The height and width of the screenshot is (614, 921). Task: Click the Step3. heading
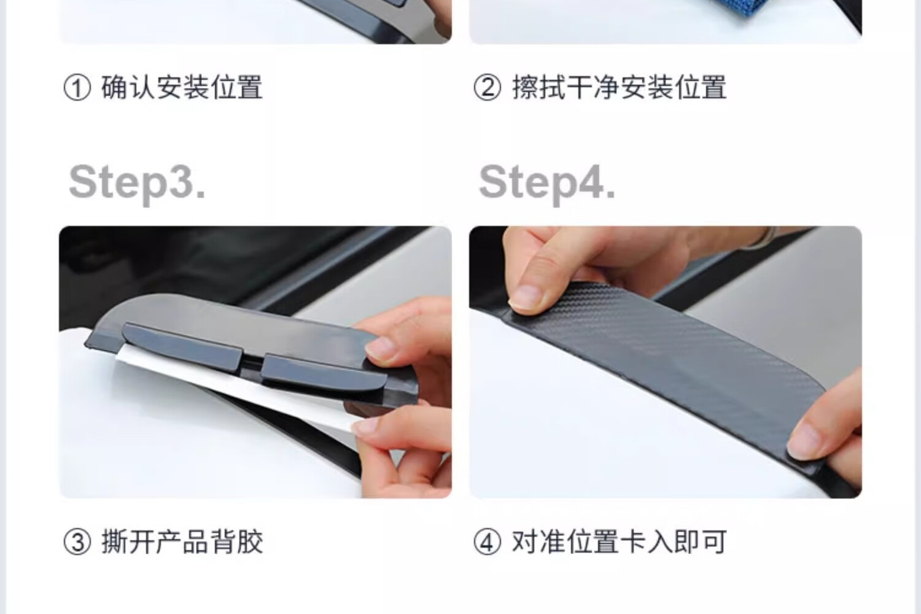pos(137,184)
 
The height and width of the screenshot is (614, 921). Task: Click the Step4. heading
pos(547,184)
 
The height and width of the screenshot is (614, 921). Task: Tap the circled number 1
pos(77,88)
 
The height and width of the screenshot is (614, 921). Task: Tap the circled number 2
pos(488,88)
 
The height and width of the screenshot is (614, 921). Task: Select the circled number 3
pos(77,542)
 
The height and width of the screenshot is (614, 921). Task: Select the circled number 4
pos(488,542)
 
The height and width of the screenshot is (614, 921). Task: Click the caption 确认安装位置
pos(182,87)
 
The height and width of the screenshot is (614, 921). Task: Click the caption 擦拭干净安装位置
pos(619,87)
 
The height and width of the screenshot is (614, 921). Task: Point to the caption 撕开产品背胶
pos(182,542)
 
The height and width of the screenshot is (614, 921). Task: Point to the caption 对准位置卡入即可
pos(619,542)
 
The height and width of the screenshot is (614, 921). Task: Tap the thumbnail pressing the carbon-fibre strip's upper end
pos(527,298)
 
